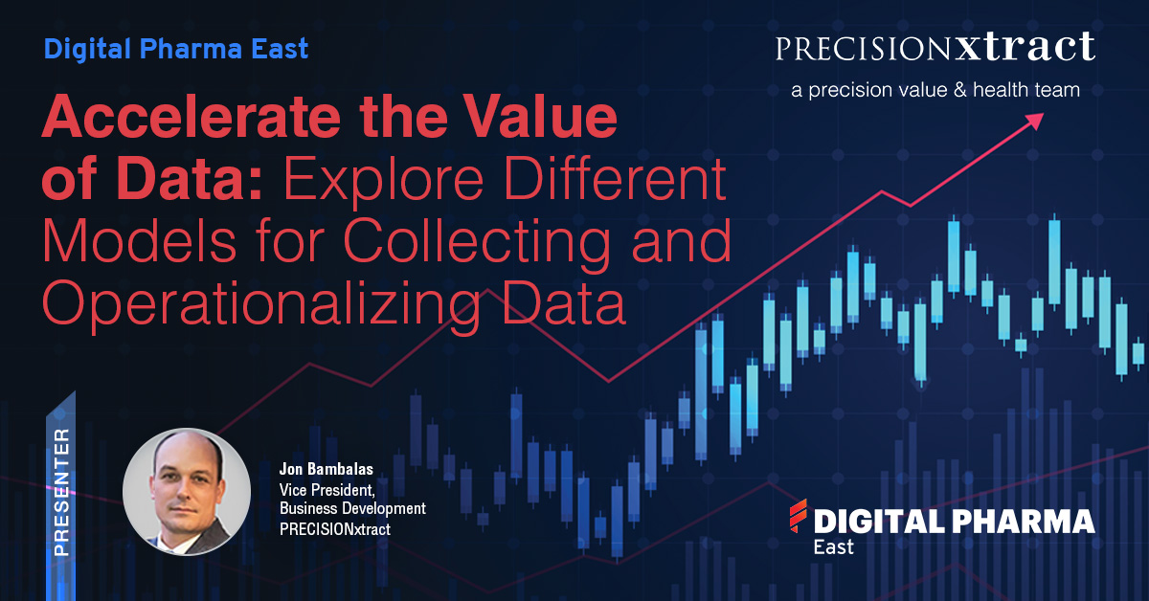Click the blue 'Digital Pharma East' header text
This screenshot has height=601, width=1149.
click(176, 50)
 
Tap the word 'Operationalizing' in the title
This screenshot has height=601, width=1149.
click(261, 303)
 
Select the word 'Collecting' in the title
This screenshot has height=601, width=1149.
click(477, 242)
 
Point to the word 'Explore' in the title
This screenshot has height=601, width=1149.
click(383, 180)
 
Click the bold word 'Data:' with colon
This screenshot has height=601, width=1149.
click(190, 180)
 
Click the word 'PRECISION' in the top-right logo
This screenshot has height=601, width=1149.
click(864, 49)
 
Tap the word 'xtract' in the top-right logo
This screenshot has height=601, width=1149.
click(1025, 47)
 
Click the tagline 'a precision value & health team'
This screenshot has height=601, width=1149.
click(935, 90)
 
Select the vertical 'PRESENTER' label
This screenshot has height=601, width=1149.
click(61, 492)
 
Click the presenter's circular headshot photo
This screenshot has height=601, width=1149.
click(187, 492)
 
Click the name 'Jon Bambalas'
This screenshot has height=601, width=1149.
click(327, 469)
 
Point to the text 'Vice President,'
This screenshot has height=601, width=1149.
click(327, 490)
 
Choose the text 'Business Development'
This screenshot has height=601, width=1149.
click(352, 509)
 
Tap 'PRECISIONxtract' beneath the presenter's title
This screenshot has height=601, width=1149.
click(335, 529)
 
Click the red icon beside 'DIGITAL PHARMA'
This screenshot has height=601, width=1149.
click(798, 516)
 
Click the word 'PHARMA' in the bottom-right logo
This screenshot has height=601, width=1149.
click(1024, 522)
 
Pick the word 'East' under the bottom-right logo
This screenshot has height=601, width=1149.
click(834, 546)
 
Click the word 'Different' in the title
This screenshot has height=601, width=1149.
click(615, 180)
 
